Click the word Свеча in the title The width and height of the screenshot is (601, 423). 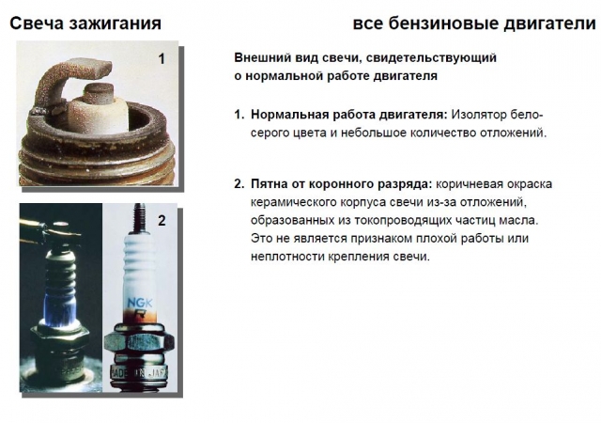click(36, 23)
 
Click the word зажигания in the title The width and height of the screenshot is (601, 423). click(115, 23)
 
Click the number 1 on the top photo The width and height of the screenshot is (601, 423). click(162, 58)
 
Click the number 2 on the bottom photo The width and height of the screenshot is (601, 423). click(162, 220)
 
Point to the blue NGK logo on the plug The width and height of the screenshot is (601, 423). click(140, 304)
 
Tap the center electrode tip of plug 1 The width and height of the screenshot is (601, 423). click(98, 91)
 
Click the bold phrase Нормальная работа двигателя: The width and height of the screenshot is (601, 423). click(349, 115)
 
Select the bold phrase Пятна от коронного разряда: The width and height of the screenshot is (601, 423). click(341, 184)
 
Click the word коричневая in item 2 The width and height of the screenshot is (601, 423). click(469, 184)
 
